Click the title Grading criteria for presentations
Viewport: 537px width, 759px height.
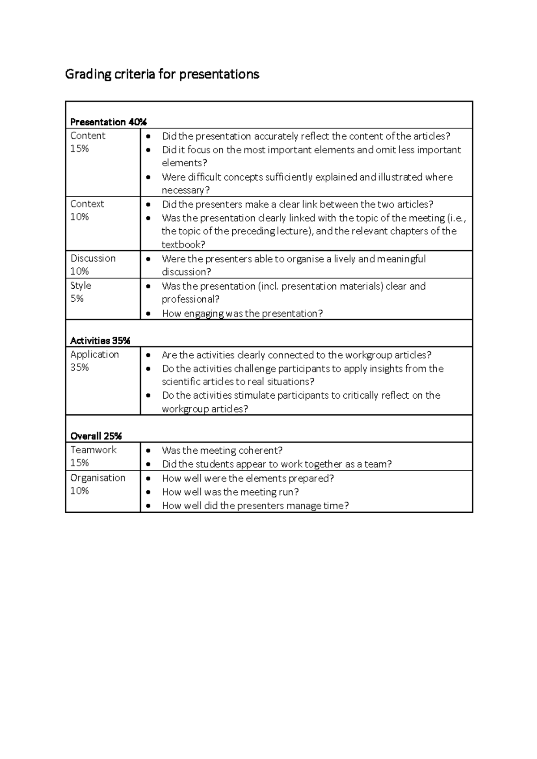point(162,74)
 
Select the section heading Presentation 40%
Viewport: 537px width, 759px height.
point(108,122)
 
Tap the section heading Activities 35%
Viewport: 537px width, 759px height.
point(100,341)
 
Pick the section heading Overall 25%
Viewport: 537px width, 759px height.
point(96,436)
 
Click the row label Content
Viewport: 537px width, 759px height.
point(88,136)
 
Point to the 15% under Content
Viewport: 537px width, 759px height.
point(80,149)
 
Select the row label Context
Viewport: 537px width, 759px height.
point(87,204)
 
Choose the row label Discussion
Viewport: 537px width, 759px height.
point(93,258)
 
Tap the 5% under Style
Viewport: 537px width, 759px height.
point(77,299)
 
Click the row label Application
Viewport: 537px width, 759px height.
point(94,354)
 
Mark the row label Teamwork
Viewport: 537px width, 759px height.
point(93,450)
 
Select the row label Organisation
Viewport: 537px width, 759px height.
point(98,478)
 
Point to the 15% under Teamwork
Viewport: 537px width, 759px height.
point(80,463)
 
